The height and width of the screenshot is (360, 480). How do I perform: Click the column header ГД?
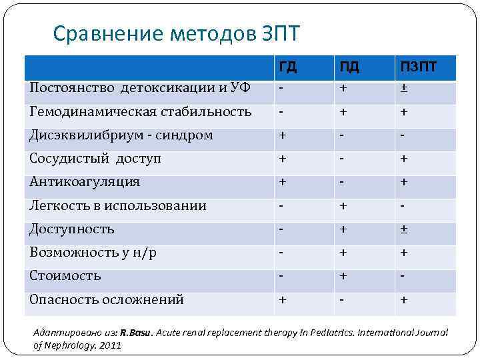pos(288,67)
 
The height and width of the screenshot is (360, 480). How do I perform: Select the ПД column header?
pos(349,67)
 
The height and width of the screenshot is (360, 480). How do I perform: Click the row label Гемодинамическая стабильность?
pos(140,111)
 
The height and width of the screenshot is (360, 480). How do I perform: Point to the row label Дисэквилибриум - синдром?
pos(121,135)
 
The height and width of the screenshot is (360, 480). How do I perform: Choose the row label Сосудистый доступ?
pos(95,159)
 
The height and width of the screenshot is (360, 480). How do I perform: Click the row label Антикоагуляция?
pos(85,182)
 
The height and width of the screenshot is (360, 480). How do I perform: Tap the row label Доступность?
pos(72,229)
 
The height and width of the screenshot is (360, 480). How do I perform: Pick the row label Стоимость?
pos(65,276)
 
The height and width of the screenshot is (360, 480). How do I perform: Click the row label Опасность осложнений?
pos(107,299)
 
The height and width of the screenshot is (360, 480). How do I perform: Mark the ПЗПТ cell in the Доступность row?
pos(404,229)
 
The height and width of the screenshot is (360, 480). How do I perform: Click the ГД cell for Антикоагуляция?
pos(283,182)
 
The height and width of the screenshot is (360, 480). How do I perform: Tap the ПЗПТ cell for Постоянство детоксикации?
pos(404,88)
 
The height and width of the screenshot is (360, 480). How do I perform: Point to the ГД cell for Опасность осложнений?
pos(283,299)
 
